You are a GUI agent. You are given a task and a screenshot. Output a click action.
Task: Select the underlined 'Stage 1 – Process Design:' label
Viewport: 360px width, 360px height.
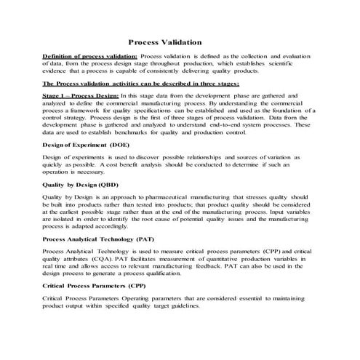pyautogui.click(x=79, y=95)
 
